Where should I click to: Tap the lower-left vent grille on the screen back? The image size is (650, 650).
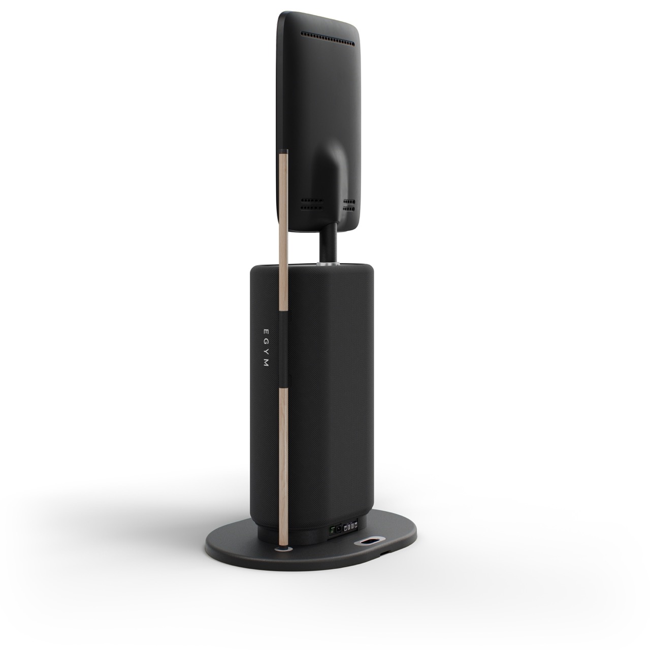[311, 204]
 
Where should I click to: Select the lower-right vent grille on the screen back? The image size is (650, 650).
[349, 205]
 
